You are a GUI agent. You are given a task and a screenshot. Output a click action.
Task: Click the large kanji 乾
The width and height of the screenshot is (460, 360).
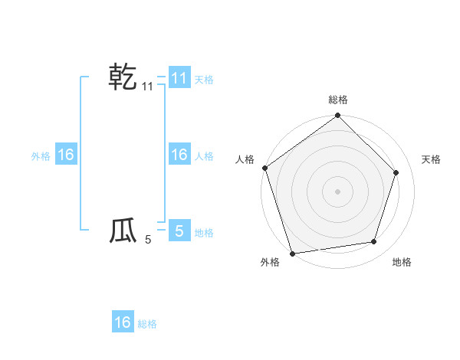coord(123,77)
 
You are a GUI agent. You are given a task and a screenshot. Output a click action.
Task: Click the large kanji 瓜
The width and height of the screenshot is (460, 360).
coord(123,231)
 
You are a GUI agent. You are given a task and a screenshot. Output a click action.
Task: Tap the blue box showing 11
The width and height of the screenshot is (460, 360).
coord(179,77)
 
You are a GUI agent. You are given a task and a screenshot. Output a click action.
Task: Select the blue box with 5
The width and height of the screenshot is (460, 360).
coord(179,231)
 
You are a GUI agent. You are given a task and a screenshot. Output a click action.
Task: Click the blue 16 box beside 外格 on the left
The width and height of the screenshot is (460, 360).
coord(66,155)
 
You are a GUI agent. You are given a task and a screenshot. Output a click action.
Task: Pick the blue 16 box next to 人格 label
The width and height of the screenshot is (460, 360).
coord(179,155)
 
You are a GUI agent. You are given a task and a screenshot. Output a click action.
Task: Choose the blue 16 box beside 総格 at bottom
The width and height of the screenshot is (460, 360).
coord(123,322)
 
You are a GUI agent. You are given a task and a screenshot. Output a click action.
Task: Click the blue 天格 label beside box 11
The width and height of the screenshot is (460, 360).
coord(204,79)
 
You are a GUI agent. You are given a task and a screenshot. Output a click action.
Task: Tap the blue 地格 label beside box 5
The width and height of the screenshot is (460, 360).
coord(204,232)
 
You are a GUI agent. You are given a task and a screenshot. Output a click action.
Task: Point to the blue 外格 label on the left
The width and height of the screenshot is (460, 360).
coord(41,156)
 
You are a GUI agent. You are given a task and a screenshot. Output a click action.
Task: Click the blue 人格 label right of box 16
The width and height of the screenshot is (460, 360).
coord(204,156)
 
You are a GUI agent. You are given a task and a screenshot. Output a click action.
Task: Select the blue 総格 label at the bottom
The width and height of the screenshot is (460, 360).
coord(147,324)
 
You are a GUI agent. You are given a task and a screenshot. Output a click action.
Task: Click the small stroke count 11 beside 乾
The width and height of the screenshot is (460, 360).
coord(148,87)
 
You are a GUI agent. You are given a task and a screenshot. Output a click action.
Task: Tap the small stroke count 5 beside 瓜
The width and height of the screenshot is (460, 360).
coord(148,241)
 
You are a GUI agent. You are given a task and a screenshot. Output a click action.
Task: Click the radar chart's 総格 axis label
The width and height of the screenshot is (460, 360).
coord(338,100)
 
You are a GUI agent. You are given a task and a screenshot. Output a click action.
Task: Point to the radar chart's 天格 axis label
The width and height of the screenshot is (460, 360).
coord(432,159)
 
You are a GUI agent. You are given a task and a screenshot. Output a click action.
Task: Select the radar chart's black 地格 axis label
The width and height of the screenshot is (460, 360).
coord(402,263)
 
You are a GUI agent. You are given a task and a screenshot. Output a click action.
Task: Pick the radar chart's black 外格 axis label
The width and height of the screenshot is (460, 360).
coord(270,263)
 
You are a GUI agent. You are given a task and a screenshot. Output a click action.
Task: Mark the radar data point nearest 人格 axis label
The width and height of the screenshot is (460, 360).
coord(265,169)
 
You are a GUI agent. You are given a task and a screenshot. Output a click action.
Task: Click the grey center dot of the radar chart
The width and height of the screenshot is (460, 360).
coord(338,191)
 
